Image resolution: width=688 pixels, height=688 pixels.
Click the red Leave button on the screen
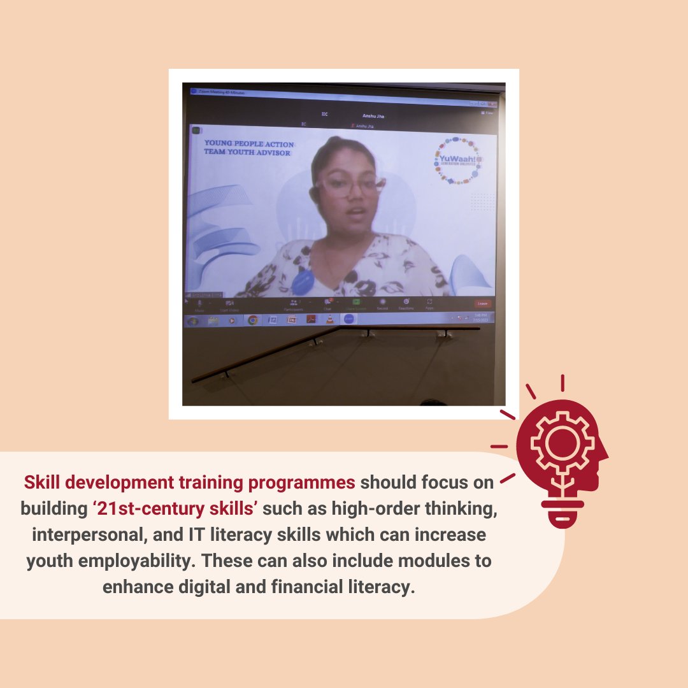pos(483,304)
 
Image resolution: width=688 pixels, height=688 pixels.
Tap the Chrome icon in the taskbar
pos(253,320)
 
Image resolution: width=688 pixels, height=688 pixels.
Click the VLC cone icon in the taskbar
pos(329,319)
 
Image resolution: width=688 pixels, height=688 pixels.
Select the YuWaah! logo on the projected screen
pos(457,159)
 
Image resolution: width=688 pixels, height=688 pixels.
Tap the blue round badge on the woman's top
pos(303,278)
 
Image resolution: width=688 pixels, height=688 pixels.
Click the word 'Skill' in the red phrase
pos(43,482)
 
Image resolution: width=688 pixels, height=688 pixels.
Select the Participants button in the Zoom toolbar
pos(294,304)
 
